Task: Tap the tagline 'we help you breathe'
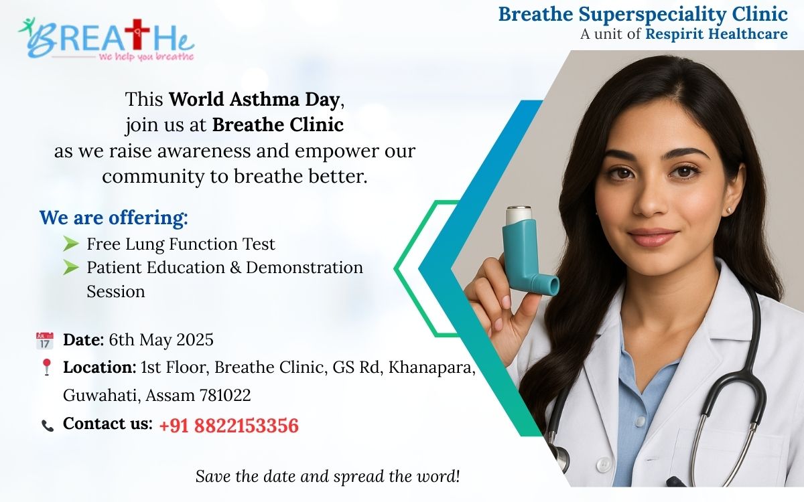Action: point(146,57)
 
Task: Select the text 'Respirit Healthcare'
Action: point(716,34)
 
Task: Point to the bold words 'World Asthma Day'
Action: point(254,99)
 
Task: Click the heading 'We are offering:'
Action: point(114,218)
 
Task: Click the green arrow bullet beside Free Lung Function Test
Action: point(71,244)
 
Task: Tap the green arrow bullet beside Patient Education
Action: point(71,268)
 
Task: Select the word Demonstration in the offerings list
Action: point(304,268)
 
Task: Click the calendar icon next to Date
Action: point(44,341)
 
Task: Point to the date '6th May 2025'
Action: point(161,340)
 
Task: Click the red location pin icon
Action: point(46,367)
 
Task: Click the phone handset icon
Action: point(48,426)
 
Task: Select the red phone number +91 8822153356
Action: point(228,426)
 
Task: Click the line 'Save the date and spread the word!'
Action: point(328,477)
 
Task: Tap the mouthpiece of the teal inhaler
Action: point(549,285)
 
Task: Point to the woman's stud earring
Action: point(728,210)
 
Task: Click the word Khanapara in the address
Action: point(431,367)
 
